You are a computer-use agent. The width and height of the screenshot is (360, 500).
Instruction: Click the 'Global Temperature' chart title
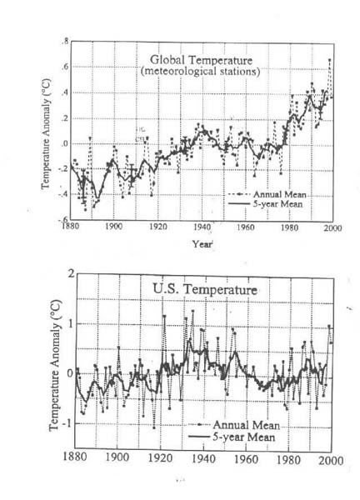(201, 60)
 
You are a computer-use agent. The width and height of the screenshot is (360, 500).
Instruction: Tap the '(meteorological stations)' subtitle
(200, 71)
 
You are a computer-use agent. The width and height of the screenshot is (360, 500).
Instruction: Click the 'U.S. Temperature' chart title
(205, 289)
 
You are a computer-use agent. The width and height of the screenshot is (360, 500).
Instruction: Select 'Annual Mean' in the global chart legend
(279, 194)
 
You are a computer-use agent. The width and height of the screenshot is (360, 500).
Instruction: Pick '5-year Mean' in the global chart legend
(277, 204)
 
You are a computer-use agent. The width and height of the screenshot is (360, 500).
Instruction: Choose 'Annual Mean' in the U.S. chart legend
(246, 425)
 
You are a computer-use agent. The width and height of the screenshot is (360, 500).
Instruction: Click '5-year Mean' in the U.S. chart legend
(243, 437)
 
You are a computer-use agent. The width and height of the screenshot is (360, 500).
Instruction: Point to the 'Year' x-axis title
(202, 244)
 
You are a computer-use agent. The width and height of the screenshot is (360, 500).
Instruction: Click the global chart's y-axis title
(46, 134)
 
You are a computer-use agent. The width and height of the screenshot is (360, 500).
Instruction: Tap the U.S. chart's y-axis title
(54, 366)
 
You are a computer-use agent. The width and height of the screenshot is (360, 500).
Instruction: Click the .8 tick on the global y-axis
(65, 41)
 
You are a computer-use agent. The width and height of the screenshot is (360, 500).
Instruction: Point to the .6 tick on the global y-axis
(65, 67)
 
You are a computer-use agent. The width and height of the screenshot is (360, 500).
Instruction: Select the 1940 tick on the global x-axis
(202, 227)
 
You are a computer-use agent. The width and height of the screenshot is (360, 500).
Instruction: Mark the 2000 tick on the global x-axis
(332, 228)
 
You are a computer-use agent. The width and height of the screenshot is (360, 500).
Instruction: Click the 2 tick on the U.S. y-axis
(71, 274)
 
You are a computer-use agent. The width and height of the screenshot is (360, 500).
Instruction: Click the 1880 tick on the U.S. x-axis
(75, 457)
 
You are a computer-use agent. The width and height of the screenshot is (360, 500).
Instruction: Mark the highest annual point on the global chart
(329, 60)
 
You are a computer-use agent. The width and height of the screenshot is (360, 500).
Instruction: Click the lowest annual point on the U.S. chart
(153, 428)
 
